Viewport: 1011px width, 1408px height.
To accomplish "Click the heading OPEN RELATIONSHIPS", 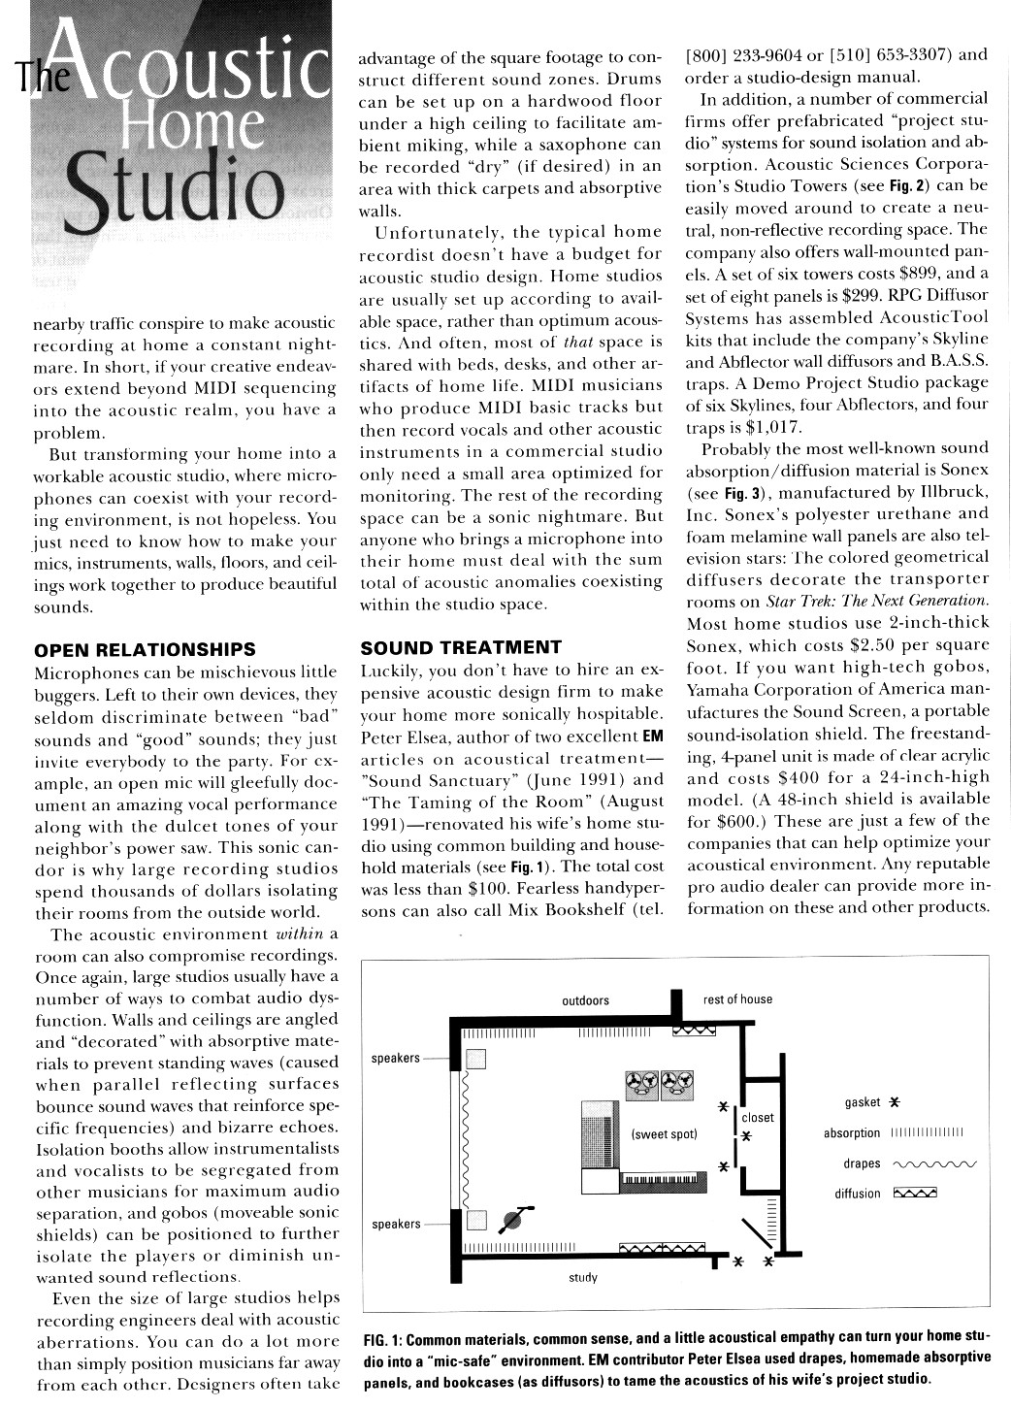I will (145, 649).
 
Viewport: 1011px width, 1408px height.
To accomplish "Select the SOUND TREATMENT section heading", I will (460, 647).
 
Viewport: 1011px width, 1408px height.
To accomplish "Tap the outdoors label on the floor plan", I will (585, 999).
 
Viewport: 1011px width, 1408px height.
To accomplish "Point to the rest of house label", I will (737, 999).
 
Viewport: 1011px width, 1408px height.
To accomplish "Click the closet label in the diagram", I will (758, 1117).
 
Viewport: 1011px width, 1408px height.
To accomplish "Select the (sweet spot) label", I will (664, 1133).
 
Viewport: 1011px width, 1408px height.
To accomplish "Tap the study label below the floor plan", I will (582, 1278).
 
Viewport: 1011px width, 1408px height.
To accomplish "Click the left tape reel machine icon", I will (642, 1086).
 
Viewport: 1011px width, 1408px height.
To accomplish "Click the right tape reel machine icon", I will (673, 1086).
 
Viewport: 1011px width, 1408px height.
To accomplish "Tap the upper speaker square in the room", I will (474, 1059).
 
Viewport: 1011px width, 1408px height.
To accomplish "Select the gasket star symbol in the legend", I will (895, 1102).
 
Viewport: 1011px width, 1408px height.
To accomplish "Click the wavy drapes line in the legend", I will (932, 1163).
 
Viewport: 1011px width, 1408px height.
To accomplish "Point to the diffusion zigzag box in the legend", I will (915, 1194).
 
